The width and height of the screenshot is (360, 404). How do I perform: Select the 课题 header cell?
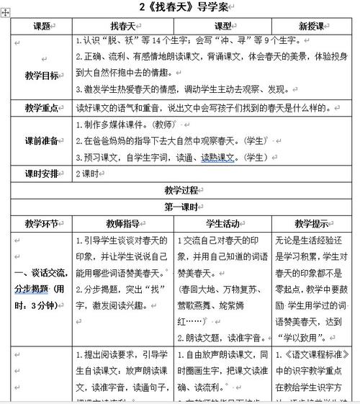tap(40, 26)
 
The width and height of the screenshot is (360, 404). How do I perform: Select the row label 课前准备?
tap(40, 141)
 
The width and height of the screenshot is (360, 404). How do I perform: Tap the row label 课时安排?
tap(40, 174)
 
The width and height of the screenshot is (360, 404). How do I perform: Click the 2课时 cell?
tap(87, 174)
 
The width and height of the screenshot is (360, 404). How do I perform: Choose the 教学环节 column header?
tap(40, 224)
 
